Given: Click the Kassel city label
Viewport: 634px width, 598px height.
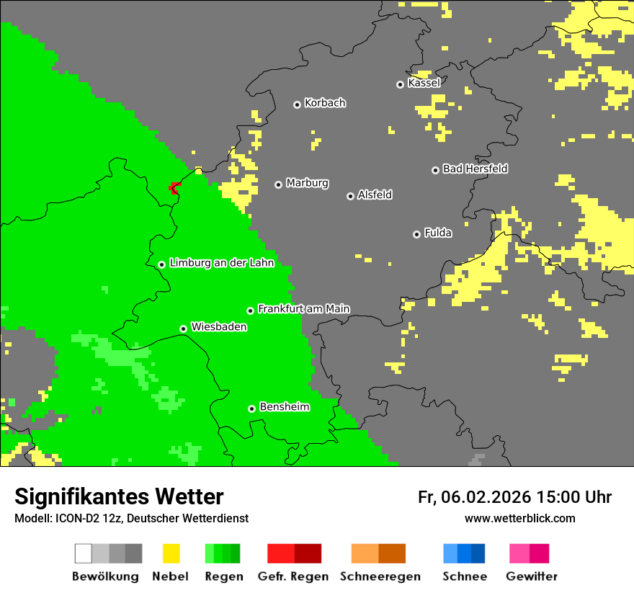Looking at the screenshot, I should [424, 83].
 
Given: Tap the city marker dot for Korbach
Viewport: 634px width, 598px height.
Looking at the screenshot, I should [297, 104].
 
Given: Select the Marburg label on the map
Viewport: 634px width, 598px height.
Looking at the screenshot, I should [307, 183].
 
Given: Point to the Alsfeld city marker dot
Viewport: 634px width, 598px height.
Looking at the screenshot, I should [350, 196].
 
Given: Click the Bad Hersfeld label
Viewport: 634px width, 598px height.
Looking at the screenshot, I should [475, 169].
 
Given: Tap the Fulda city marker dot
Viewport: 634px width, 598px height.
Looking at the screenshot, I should [416, 234].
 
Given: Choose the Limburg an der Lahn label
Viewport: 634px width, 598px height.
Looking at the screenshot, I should [221, 263].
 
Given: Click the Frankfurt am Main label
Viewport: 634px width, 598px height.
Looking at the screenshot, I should [303, 309].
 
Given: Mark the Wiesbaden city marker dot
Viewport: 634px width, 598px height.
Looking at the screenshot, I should [184, 329].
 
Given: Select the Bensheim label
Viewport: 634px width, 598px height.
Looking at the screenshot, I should [284, 407].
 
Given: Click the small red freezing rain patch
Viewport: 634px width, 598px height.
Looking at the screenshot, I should [174, 188].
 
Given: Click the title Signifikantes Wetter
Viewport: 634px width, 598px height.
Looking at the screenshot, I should [119, 496].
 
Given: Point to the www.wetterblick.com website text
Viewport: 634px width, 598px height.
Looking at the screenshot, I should [519, 518].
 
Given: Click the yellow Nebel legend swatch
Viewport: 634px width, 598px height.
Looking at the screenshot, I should [171, 553].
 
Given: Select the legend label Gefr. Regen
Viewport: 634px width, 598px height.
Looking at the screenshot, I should [293, 576].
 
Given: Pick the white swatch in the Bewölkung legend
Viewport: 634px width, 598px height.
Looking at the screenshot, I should [83, 553].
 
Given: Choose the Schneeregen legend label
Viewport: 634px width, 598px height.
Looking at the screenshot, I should [380, 576].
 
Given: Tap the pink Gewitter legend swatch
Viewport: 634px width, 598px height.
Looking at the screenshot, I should [519, 553].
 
